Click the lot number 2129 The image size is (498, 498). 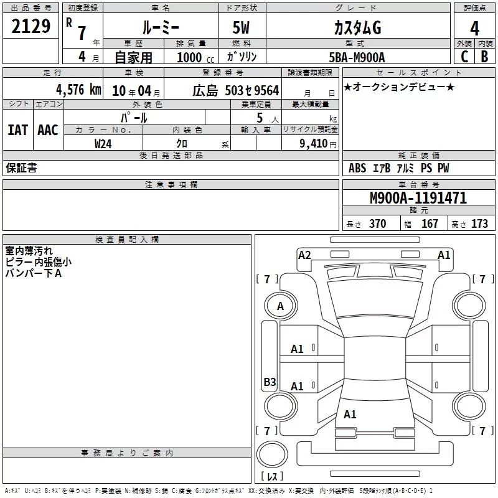[31, 27]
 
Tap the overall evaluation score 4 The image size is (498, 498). [474, 28]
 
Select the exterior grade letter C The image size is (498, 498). [464, 57]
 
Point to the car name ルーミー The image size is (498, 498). [160, 28]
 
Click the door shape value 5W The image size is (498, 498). [242, 29]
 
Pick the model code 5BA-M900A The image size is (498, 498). [357, 57]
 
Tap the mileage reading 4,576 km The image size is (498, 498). [78, 90]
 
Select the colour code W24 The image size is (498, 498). [103, 143]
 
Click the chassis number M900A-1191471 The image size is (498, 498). [409, 198]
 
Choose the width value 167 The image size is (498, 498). [430, 224]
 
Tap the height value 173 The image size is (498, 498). [479, 224]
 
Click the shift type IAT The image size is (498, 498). [17, 130]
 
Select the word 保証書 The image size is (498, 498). [21, 168]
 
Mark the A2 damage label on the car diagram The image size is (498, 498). [304, 255]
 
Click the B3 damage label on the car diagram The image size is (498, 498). [270, 382]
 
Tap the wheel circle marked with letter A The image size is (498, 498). [280, 306]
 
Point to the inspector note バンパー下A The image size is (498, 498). [34, 273]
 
